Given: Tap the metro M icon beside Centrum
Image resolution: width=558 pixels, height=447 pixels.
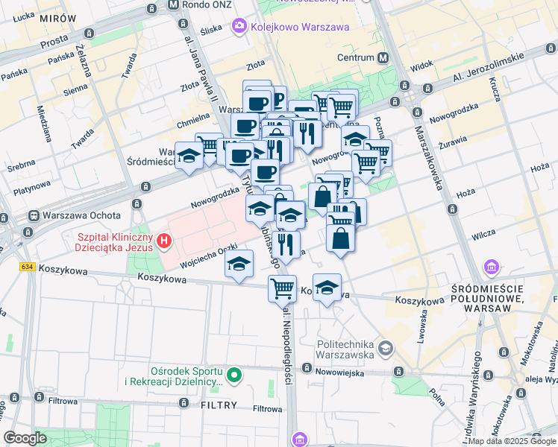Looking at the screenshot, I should [x=383, y=57].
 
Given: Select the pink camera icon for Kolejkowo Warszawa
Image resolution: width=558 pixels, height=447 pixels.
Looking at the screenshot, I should [x=239, y=27].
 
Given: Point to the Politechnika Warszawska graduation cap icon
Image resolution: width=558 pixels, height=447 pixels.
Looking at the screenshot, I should [x=385, y=348].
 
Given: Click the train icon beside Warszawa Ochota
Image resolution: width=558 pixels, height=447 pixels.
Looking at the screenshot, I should [x=34, y=216].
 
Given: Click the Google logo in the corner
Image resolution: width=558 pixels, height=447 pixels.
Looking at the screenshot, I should [x=25, y=438].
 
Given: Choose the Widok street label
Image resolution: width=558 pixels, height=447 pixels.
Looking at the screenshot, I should [x=421, y=66].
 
